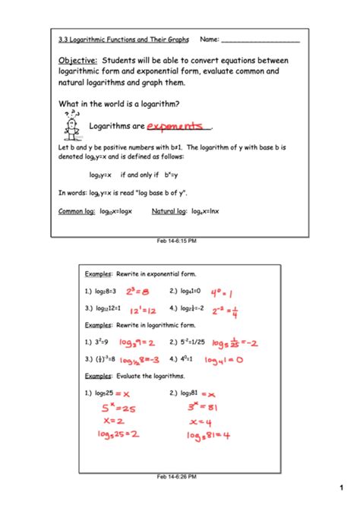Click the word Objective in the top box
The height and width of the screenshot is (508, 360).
(77, 60)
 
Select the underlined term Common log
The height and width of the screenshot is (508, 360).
(76, 212)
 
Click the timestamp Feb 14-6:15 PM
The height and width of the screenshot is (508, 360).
(176, 241)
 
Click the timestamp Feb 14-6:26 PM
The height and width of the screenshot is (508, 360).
(176, 476)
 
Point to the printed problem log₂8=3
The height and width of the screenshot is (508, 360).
(101, 291)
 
